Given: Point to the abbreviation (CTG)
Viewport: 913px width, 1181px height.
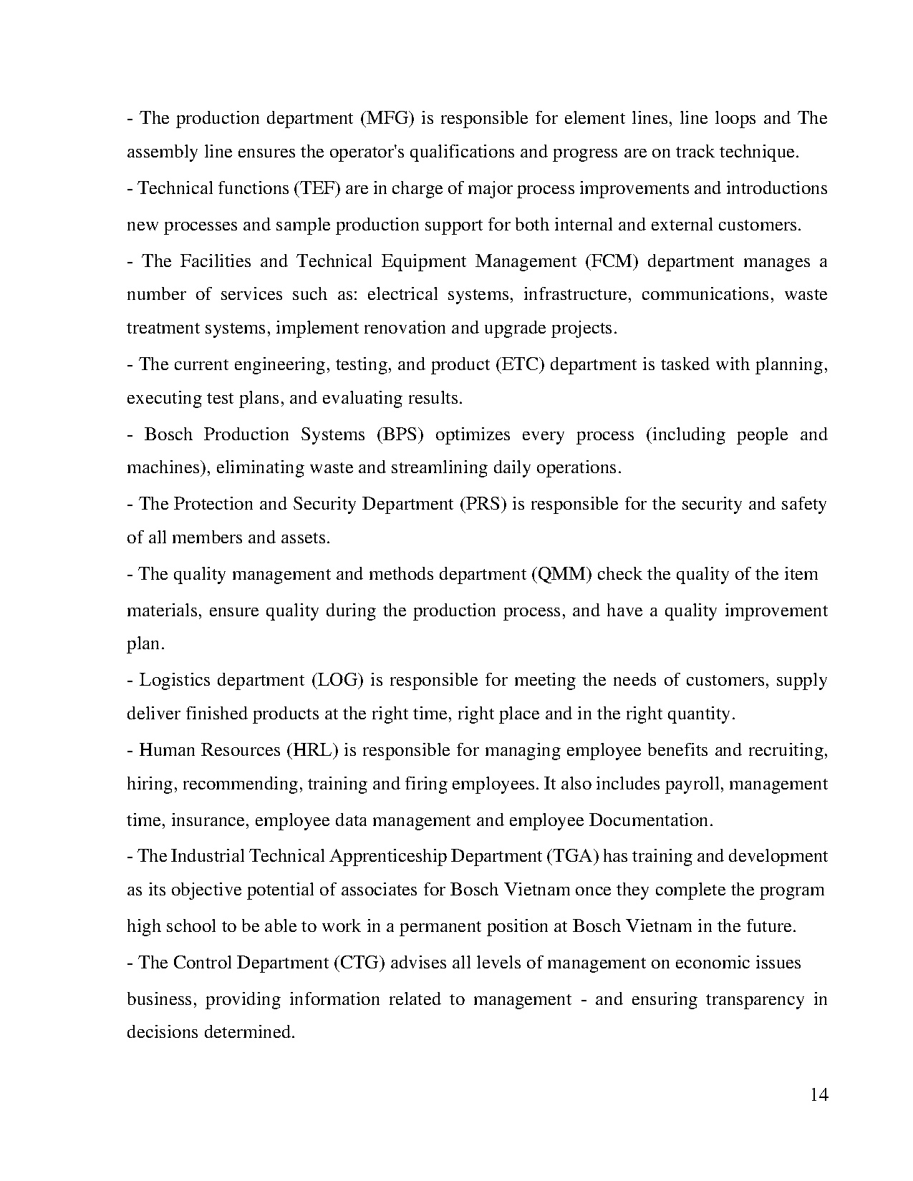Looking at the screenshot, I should click(x=359, y=963).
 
